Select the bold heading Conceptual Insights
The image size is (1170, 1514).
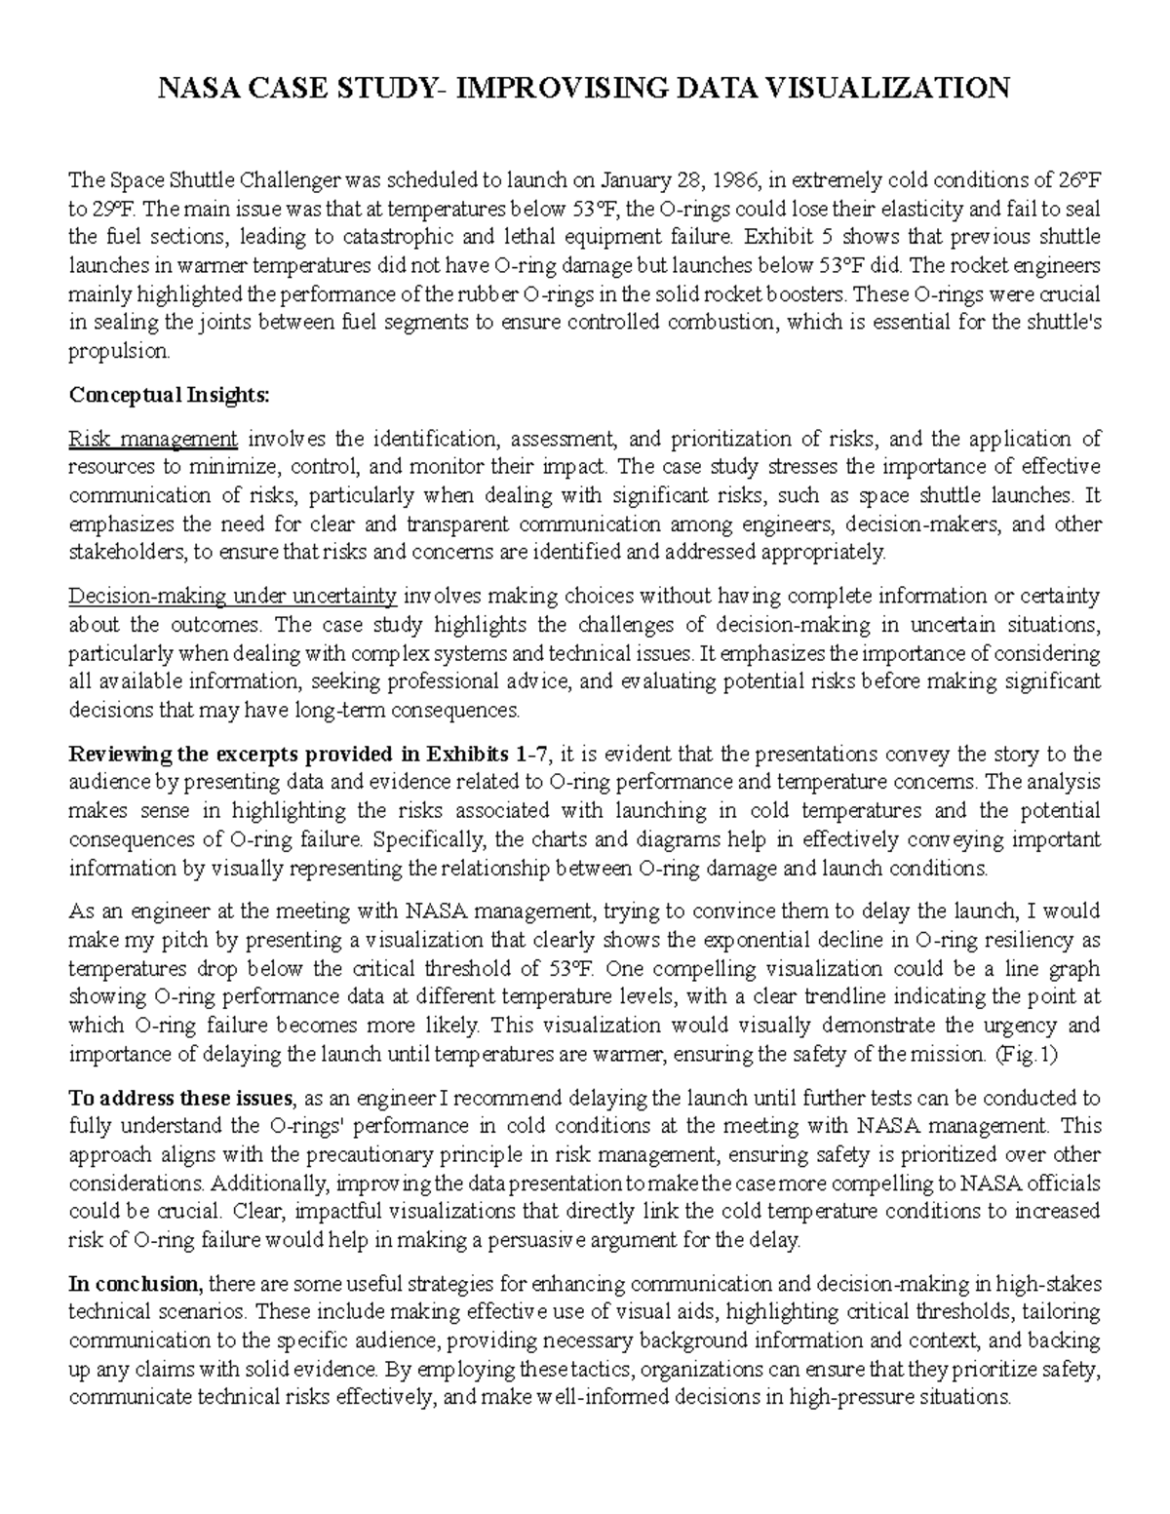tap(166, 395)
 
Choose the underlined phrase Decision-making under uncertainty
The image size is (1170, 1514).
tap(232, 596)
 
